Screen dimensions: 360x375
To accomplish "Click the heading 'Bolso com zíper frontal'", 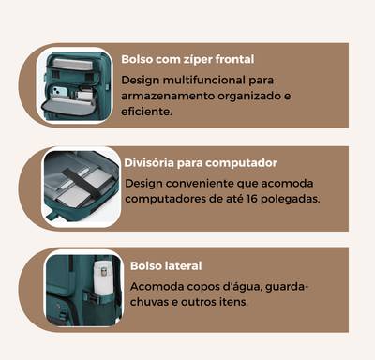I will (x=187, y=59).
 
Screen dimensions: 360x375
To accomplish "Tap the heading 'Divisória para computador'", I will (x=201, y=162).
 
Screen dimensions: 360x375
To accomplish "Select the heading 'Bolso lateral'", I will (x=166, y=265).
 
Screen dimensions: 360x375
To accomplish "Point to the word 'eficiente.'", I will (x=146, y=112).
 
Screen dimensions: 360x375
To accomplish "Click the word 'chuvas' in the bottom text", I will (x=150, y=302).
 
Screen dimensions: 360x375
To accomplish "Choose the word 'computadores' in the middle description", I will (x=166, y=199).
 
